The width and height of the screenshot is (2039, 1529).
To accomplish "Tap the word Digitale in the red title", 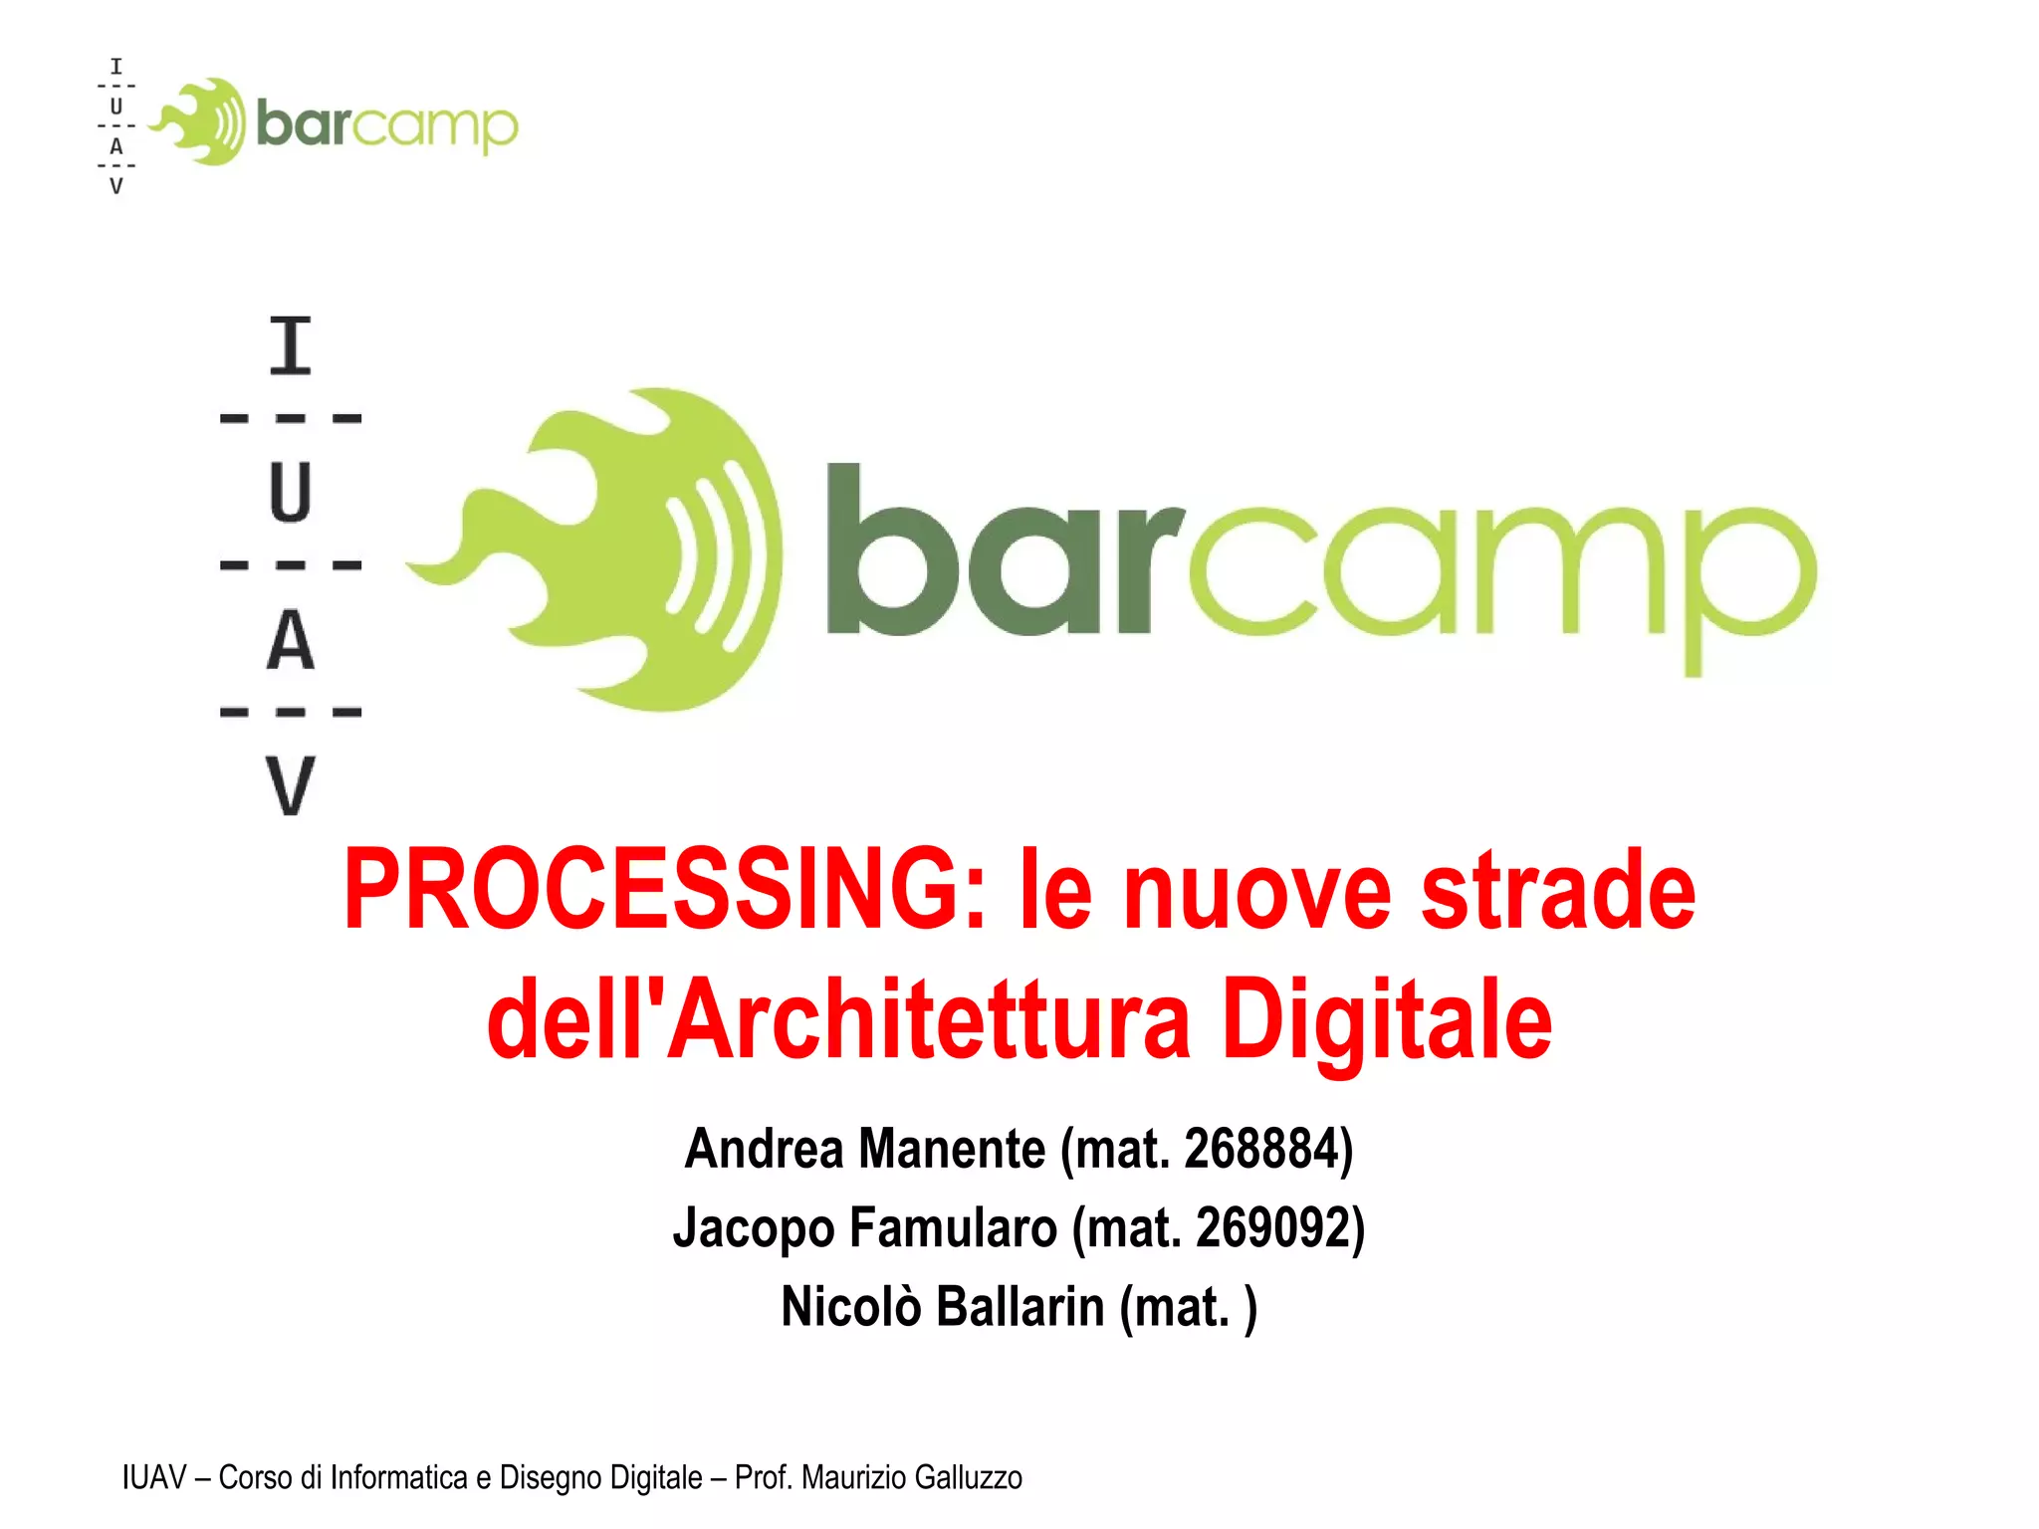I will click(1386, 1020).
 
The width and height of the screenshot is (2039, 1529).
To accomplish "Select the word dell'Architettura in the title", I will click(838, 1020).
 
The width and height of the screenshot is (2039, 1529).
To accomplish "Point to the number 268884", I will click(1261, 1149).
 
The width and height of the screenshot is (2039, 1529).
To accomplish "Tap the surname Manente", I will click(952, 1149).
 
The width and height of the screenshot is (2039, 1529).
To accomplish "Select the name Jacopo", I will click(754, 1227).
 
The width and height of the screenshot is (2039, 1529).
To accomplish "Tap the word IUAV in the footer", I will click(154, 1477).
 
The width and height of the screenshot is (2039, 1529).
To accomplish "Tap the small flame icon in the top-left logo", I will click(200, 121).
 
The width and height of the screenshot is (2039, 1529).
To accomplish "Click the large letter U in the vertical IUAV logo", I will click(291, 492).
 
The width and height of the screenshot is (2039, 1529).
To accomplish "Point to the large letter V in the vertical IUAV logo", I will click(291, 786).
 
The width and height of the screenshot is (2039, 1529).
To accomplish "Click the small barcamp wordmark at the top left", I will click(386, 125).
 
